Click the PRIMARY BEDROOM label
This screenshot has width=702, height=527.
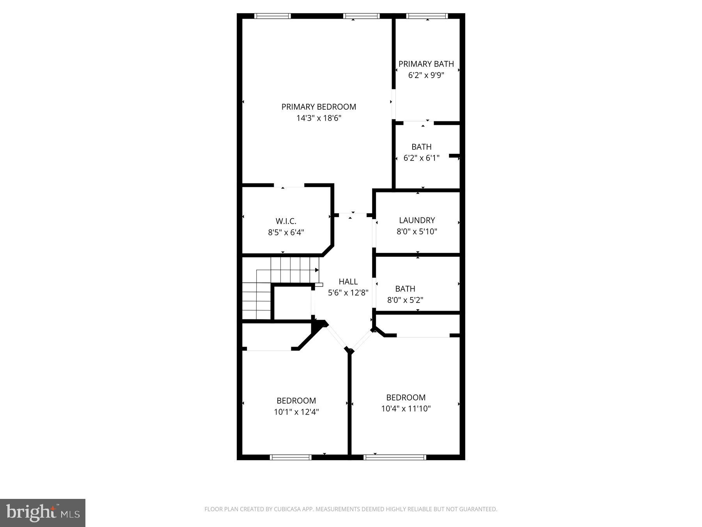click(x=319, y=107)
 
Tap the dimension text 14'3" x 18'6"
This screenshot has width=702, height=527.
click(x=319, y=118)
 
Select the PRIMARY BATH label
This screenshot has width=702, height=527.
click(x=426, y=64)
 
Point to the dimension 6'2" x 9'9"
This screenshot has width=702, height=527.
click(x=426, y=75)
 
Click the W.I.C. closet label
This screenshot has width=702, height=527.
click(x=286, y=221)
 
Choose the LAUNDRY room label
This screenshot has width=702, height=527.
click(x=417, y=220)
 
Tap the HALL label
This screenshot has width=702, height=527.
click(x=348, y=281)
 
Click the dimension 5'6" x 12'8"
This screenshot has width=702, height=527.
click(x=348, y=293)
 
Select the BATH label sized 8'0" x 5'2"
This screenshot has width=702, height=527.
click(x=405, y=289)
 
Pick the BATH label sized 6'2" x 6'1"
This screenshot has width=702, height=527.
click(x=421, y=147)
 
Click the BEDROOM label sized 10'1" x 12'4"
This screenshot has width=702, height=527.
click(x=296, y=401)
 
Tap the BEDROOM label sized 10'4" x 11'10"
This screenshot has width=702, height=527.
click(x=406, y=397)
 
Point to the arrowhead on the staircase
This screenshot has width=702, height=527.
click(x=317, y=270)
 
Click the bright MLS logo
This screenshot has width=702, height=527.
click(x=43, y=513)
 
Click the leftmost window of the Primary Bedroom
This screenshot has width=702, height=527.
click(x=272, y=16)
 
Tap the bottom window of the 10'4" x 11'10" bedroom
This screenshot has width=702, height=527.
click(x=395, y=457)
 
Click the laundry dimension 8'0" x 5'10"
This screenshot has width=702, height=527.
click(x=417, y=231)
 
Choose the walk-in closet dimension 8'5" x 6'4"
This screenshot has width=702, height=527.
click(x=286, y=233)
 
